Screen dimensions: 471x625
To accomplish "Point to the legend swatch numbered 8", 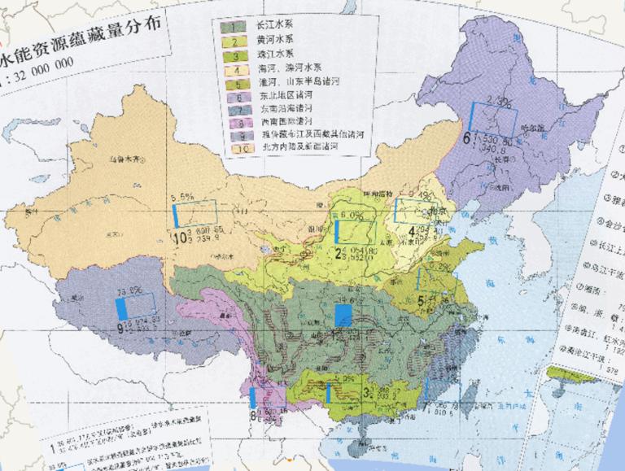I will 239,124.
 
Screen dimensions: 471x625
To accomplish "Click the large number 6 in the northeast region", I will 466,139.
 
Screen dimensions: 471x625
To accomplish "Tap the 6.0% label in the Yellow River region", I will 351,215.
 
